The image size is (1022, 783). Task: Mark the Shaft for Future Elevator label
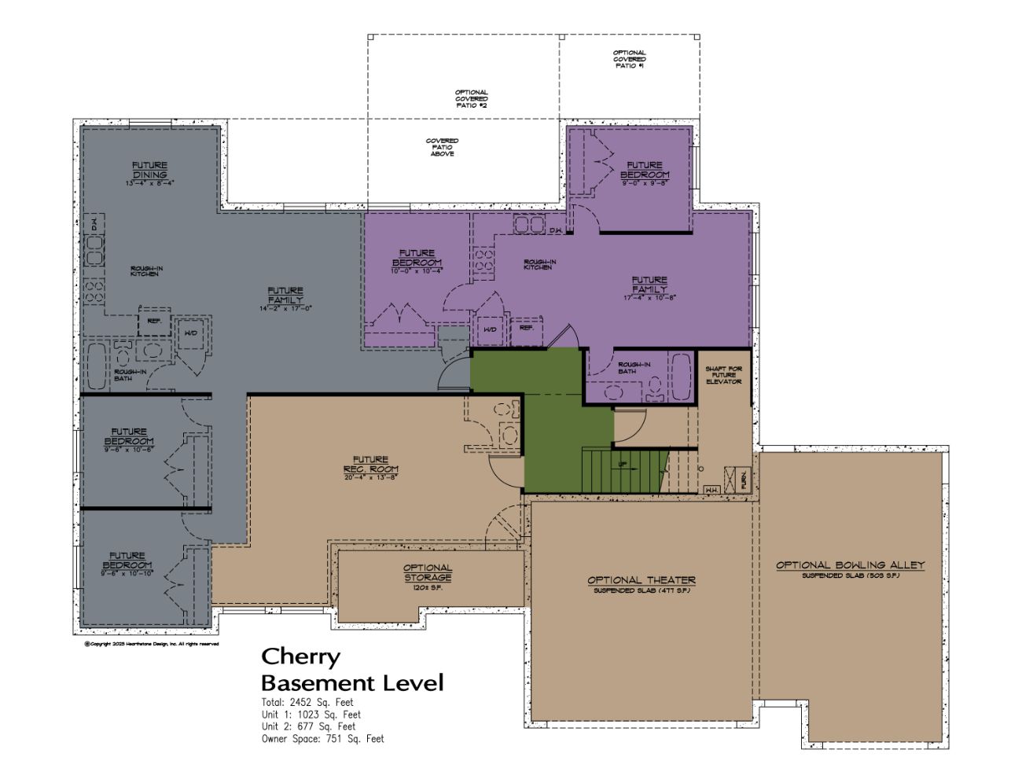click(x=723, y=375)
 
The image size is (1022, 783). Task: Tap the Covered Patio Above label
click(x=442, y=147)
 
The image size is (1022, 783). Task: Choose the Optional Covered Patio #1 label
click(x=630, y=59)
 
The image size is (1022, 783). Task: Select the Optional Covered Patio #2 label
click(x=471, y=98)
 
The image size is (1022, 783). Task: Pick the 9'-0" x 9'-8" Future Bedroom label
click(x=645, y=173)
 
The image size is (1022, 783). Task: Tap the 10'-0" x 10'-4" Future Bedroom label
click(x=417, y=261)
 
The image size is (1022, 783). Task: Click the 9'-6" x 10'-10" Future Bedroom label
click(x=127, y=564)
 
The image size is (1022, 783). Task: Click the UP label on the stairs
click(x=623, y=464)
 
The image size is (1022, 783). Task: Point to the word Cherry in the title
click(x=300, y=656)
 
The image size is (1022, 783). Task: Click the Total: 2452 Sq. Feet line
click(x=307, y=702)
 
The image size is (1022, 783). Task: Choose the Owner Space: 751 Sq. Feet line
click(x=323, y=739)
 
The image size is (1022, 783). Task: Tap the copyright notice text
click(x=151, y=644)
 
